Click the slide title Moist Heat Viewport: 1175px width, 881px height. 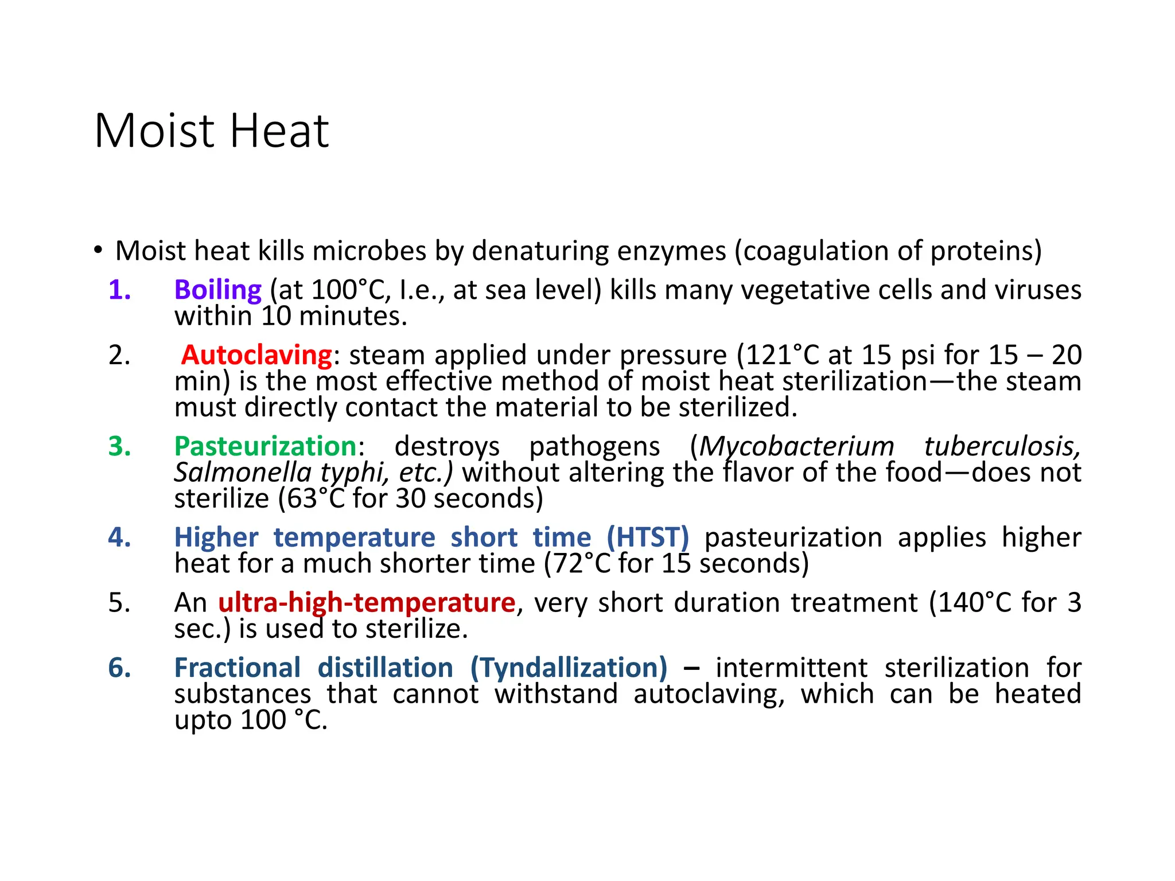pyautogui.click(x=211, y=131)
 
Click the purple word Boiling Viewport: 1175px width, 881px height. pyautogui.click(x=218, y=290)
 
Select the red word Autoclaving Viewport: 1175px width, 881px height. pyautogui.click(x=256, y=355)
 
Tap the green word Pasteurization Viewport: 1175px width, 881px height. pyautogui.click(x=266, y=446)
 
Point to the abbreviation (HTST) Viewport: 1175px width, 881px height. pyautogui.click(x=648, y=537)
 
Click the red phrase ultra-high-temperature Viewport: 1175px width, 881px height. pyautogui.click(x=367, y=603)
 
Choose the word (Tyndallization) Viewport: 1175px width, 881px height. pyautogui.click(x=569, y=668)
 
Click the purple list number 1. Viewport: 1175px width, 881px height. pyautogui.click(x=119, y=290)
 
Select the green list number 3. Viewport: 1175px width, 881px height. pyautogui.click(x=119, y=446)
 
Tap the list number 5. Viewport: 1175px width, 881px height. pyautogui.click(x=119, y=603)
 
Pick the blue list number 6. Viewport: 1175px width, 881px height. pyautogui.click(x=119, y=668)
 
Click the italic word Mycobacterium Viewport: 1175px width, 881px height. pyautogui.click(x=796, y=446)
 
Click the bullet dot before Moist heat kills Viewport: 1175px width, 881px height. pyautogui.click(x=98, y=251)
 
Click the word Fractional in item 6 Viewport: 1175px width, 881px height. pyautogui.click(x=238, y=668)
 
